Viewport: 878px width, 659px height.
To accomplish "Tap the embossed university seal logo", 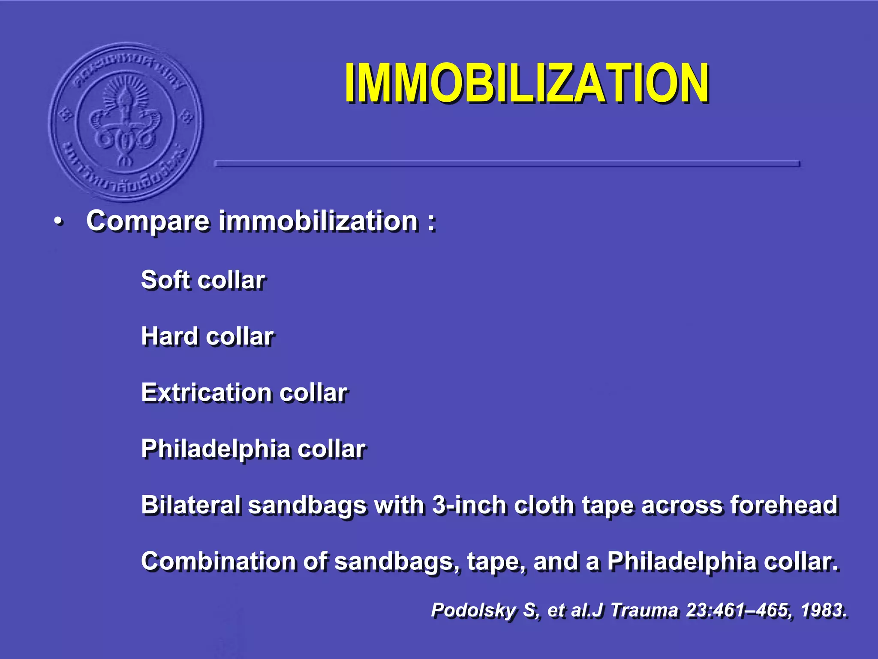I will [126, 122].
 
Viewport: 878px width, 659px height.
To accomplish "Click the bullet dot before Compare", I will [58, 222].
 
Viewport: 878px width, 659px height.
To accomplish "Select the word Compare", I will [147, 222].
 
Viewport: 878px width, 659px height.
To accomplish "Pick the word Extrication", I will [206, 393].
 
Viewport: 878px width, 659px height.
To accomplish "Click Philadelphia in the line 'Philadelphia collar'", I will [216, 449].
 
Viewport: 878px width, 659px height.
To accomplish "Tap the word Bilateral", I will [190, 505].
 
